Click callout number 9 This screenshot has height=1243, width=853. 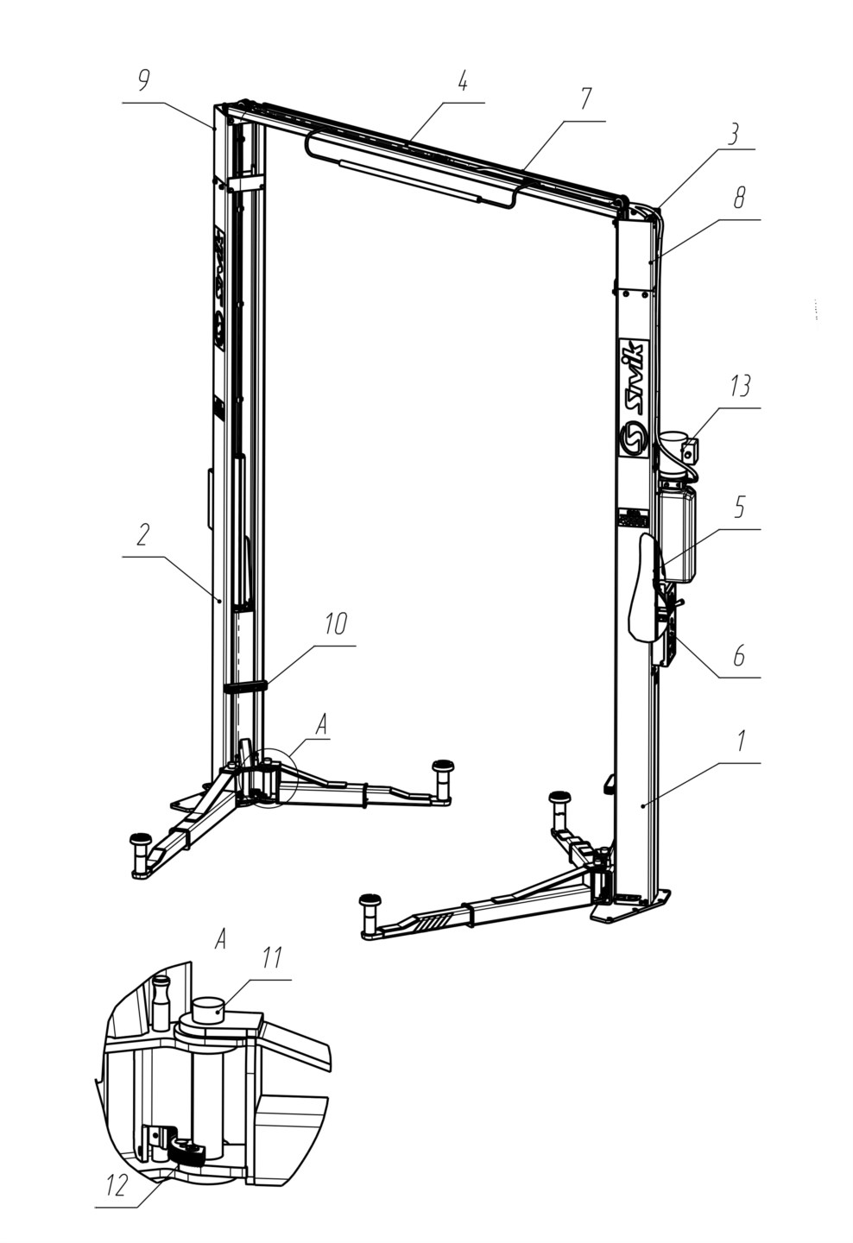[143, 81]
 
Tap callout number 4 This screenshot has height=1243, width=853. [462, 82]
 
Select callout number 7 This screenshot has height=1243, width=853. [585, 99]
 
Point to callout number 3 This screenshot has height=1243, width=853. [734, 135]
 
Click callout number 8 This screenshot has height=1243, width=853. [739, 199]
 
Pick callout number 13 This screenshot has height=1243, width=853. [740, 386]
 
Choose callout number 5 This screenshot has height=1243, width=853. [739, 507]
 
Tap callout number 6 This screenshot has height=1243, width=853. [739, 655]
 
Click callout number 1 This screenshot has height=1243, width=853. [741, 741]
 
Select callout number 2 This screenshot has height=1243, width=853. [142, 534]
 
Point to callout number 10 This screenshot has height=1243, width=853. [336, 624]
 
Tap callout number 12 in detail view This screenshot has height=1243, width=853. [117, 1184]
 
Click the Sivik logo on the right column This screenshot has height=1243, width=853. [634, 399]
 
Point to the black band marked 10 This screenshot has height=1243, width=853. [246, 687]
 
